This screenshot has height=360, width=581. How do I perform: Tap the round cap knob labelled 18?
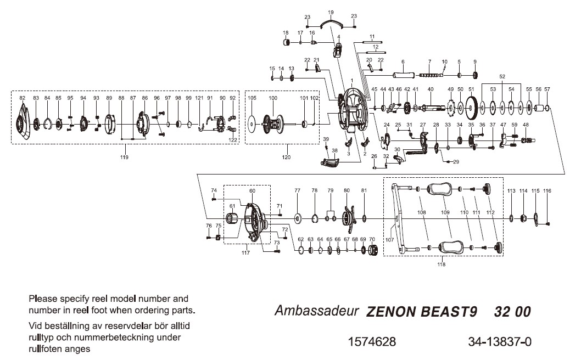click(286, 43)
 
